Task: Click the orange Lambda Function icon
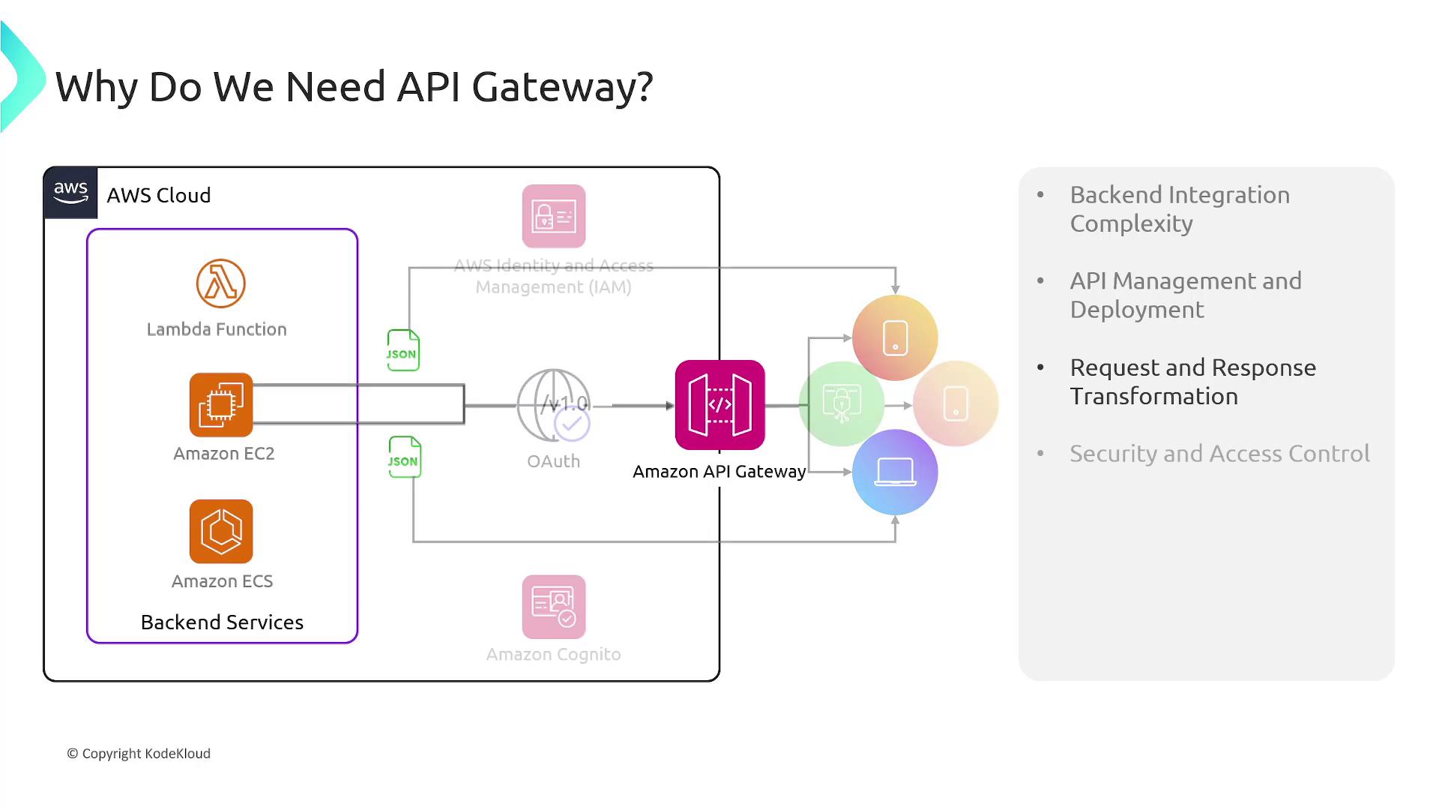coord(221,283)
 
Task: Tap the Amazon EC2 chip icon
coord(221,405)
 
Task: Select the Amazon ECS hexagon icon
coord(221,532)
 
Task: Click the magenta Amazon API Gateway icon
coord(719,405)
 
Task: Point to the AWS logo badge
coord(70,193)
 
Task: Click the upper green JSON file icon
coord(403,350)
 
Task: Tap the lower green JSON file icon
coord(405,457)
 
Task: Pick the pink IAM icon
coord(554,216)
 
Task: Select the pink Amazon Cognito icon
coord(554,607)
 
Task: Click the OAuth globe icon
coord(554,405)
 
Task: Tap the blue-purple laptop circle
coord(895,472)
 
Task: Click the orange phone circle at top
coord(895,337)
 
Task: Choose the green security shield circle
coord(842,403)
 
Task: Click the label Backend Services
coord(222,622)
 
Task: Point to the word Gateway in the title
coord(562,87)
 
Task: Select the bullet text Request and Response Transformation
coord(1192,382)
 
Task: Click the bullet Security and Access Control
coord(1219,454)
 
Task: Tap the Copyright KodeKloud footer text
coord(139,754)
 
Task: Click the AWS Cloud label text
coord(158,195)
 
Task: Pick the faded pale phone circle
coord(956,403)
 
